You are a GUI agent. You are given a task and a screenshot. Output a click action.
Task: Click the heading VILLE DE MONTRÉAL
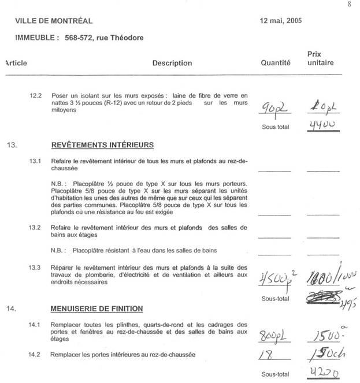tap(54, 21)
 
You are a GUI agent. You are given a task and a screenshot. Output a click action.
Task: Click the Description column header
tap(172, 63)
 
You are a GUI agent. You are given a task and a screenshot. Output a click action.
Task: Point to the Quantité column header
tap(276, 63)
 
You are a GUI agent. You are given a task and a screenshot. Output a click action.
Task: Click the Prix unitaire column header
tap(320, 58)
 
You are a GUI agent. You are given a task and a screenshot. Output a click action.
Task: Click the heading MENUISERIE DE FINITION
tap(97, 309)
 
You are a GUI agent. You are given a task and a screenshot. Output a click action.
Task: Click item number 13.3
tap(36, 267)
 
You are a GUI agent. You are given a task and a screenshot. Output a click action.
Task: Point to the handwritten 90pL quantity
tap(273, 109)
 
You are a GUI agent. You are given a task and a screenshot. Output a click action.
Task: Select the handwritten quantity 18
tap(266, 355)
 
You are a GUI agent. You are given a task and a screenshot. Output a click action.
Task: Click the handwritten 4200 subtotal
tap(321, 373)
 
